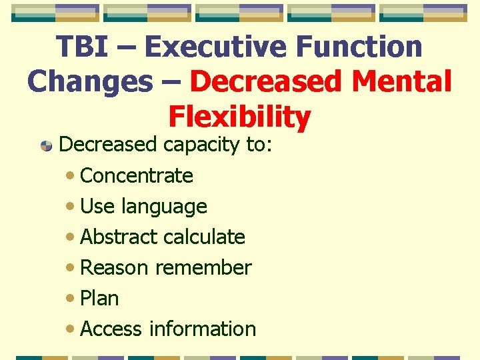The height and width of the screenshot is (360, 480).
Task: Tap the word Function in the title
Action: coord(359,47)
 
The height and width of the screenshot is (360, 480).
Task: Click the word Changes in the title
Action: coord(89,82)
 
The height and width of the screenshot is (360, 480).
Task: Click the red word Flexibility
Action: coord(239,117)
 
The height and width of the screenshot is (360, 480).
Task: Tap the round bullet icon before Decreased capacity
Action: coord(46,145)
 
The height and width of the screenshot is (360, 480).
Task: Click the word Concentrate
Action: coord(137,176)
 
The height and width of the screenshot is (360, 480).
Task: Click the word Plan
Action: coord(99,299)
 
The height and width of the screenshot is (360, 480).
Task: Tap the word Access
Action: coord(111,329)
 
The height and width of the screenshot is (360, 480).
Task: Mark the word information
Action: coord(203,329)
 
